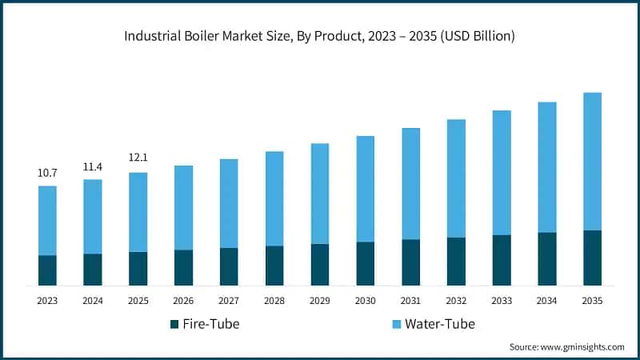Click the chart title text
click(320, 36)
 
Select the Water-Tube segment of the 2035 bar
click(592, 161)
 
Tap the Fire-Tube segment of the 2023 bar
click(47, 270)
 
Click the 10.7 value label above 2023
click(47, 173)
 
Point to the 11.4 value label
click(93, 166)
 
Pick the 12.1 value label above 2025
click(138, 158)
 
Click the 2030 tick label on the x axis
click(365, 300)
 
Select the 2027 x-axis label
click(229, 300)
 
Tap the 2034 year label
click(546, 300)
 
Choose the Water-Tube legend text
click(439, 324)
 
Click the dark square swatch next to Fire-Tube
click(174, 324)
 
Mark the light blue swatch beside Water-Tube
click(396, 324)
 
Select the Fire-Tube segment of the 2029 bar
click(319, 265)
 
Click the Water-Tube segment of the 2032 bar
click(456, 178)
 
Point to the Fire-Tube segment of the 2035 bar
click(592, 258)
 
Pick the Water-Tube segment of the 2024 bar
click(93, 216)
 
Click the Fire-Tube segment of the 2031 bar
click(410, 262)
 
